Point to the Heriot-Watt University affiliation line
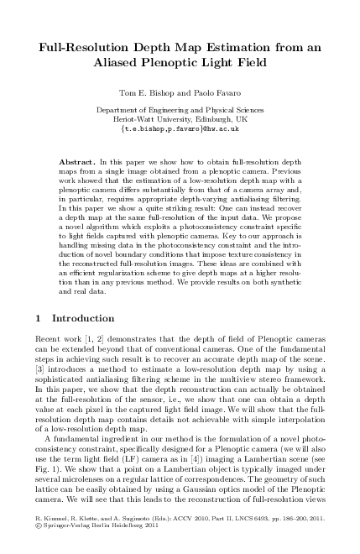click(180, 120)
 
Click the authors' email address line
click(180, 130)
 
